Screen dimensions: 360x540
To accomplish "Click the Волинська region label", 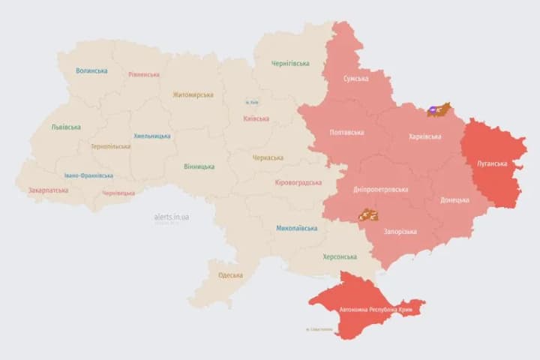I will pos(91,71).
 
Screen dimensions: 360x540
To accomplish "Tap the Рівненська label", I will pos(143,75).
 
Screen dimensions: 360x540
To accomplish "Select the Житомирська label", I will pos(193,95).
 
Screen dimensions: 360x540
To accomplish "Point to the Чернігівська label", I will pos(290,64).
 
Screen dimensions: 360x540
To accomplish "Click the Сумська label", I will pos(355,79).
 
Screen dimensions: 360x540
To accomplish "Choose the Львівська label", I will pos(66,127).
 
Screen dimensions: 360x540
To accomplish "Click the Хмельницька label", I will pos(151,136).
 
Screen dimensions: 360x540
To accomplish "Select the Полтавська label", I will pos(346,133).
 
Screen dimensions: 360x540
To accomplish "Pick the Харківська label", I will pos(425,136).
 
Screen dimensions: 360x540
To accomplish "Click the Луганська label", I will pos(492,163).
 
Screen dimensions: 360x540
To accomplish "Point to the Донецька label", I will pos(454,200).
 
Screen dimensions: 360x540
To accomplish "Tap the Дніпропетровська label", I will pos(380,189).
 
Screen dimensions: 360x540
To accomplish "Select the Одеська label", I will pos(230,275).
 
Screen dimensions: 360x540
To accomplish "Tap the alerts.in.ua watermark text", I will pos(172,217).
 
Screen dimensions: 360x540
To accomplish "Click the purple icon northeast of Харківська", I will pos(433,111).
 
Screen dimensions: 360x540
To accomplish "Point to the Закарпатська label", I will pos(48,190).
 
